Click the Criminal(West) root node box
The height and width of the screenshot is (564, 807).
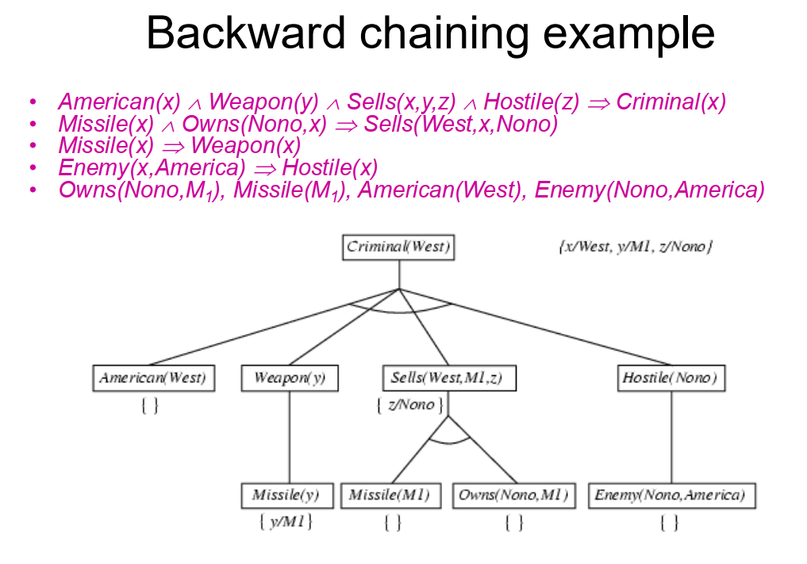pos(399,247)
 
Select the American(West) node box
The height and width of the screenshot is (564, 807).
pos(153,378)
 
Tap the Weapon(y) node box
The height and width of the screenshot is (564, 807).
pos(290,378)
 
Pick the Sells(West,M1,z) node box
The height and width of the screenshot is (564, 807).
pos(449,378)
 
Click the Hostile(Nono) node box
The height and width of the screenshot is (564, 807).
pos(671,378)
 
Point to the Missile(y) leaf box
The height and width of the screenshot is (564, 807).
pos(287,496)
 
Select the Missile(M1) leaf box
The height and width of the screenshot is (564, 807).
pos(390,496)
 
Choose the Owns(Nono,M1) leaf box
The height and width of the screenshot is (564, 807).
pos(513,496)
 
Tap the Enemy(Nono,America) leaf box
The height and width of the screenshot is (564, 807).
pos(671,496)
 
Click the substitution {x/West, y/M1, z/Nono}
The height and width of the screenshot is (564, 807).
pos(636,247)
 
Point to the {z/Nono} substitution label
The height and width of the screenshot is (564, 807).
pos(409,405)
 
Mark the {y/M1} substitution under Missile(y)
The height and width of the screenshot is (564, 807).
pos(286,522)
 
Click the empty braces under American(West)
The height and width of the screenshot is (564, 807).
pos(150,406)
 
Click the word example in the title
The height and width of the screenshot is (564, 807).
pos(629,34)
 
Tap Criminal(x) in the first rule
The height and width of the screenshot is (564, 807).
pos(671,102)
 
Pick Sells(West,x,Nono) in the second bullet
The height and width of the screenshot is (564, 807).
pos(460,125)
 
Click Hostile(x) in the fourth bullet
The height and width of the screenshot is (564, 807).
pos(330,168)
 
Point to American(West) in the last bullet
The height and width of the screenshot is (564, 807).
pos(440,190)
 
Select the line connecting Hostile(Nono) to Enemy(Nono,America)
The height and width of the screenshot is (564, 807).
pos(671,437)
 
